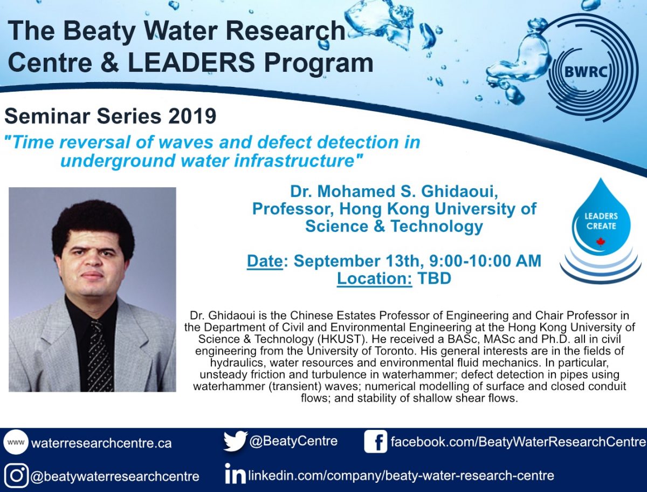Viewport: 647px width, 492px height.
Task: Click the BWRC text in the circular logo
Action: pyautogui.click(x=586, y=72)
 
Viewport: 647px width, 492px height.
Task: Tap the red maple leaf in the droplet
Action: pyautogui.click(x=601, y=242)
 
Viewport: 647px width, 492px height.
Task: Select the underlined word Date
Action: pyautogui.click(x=265, y=261)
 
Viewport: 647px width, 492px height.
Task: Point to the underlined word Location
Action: pyautogui.click(x=374, y=278)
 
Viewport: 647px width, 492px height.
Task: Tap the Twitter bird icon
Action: pyautogui.click(x=235, y=441)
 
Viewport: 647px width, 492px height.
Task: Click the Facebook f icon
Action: pyautogui.click(x=375, y=441)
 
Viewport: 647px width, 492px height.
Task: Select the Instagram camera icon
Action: pyautogui.click(x=17, y=476)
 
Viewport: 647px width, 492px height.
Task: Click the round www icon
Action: pyautogui.click(x=16, y=442)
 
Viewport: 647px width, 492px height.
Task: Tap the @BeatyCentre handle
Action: pyautogui.click(x=293, y=441)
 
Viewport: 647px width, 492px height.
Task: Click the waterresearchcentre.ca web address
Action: pyautogui.click(x=101, y=443)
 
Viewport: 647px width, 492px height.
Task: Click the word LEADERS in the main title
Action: pyautogui.click(x=191, y=63)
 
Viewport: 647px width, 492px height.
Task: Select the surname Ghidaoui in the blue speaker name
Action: pyautogui.click(x=459, y=192)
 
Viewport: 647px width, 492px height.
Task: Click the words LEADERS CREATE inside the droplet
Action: pyautogui.click(x=601, y=221)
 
